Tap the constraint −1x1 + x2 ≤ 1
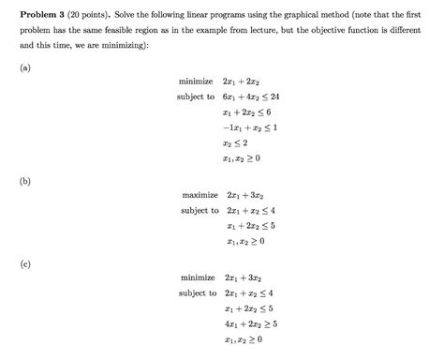coord(246,127)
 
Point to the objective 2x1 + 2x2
coord(242,82)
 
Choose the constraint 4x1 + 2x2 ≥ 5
coord(252,323)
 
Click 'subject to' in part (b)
coord(200,210)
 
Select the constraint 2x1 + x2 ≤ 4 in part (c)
coord(249,293)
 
